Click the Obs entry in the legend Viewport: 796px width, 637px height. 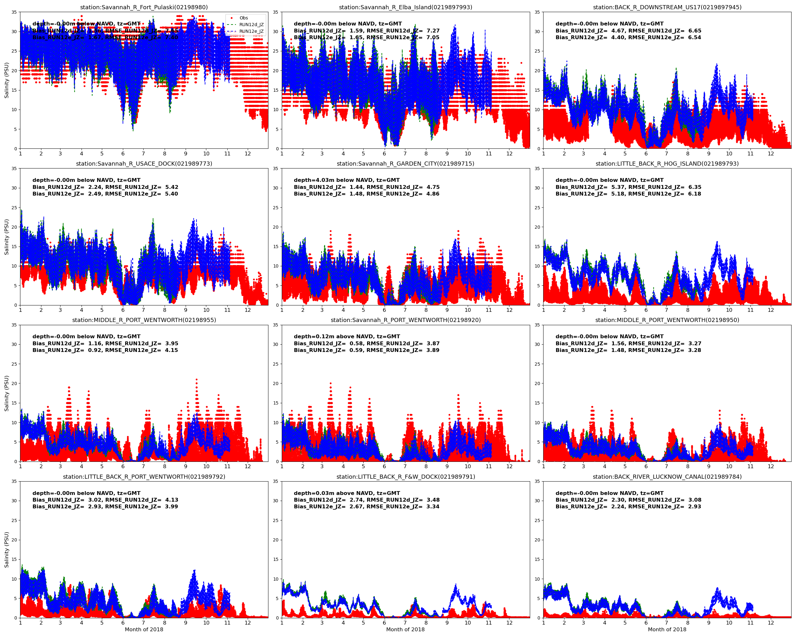[243, 18]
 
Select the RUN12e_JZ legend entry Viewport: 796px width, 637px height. [251, 32]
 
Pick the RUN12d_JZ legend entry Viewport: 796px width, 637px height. [251, 25]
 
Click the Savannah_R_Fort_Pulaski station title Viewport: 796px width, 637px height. [144, 7]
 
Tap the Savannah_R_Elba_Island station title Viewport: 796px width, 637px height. [405, 7]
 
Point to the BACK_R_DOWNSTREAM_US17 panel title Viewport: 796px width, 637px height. [667, 7]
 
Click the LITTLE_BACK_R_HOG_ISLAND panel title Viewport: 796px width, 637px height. [667, 164]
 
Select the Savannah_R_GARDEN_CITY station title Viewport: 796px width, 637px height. [405, 164]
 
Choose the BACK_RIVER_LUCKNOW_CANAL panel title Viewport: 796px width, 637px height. [667, 477]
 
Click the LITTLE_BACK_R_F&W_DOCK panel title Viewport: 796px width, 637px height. [405, 477]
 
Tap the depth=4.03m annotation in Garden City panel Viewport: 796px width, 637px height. [347, 180]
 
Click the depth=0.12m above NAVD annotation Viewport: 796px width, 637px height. [347, 336]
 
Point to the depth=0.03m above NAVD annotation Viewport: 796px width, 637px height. [347, 493]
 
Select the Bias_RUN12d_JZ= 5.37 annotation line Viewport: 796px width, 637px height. [628, 187]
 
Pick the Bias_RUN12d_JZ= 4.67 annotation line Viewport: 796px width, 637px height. [628, 31]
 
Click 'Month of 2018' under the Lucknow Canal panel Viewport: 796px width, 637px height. [667, 630]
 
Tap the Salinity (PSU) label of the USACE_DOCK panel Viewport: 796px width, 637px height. [6, 237]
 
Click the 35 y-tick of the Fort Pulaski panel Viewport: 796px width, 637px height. [14, 12]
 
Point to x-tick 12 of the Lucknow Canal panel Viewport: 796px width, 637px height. [771, 623]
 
